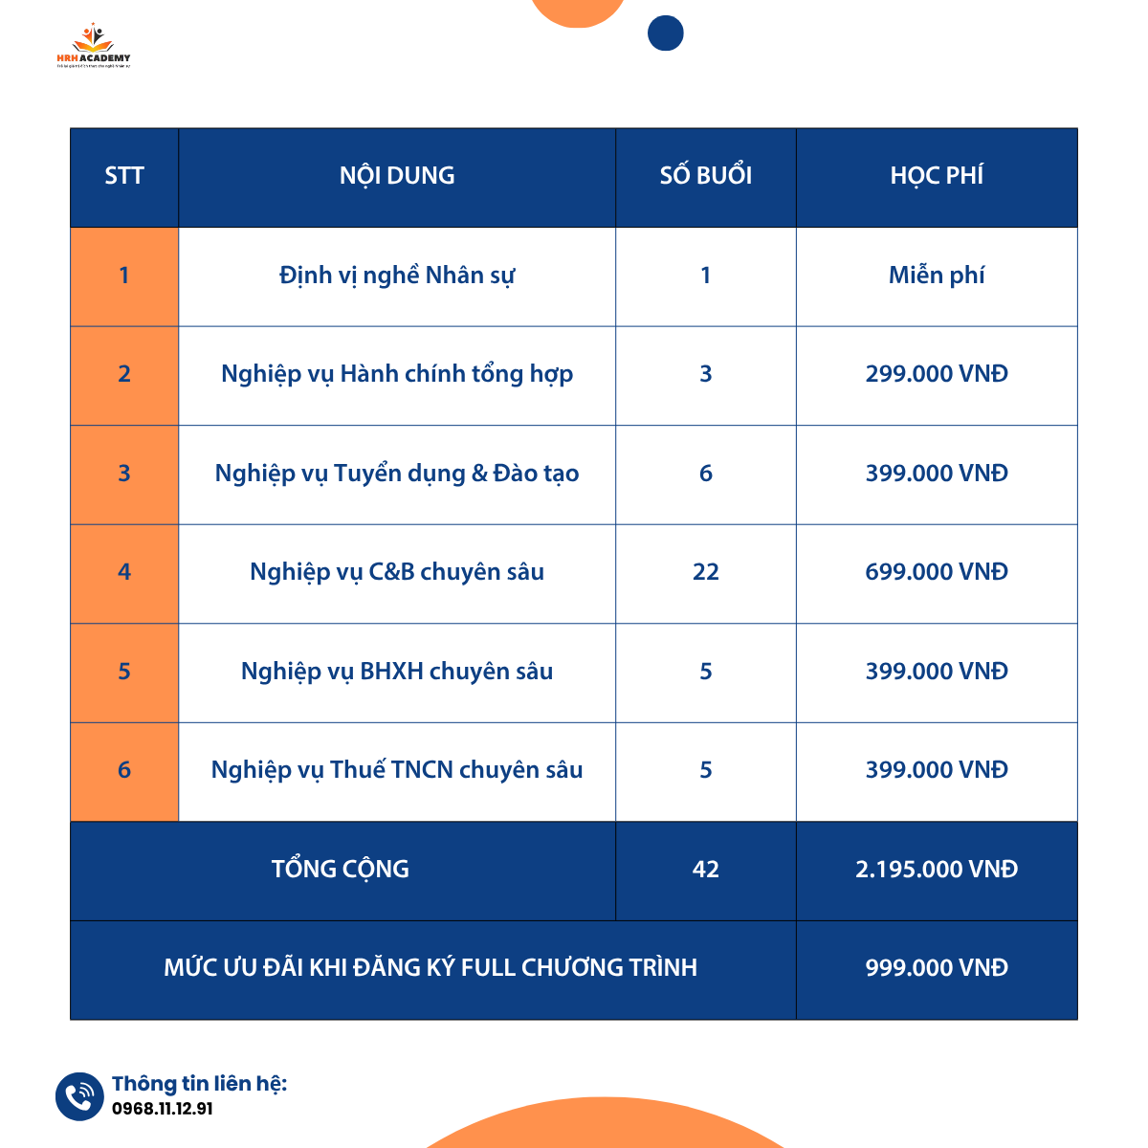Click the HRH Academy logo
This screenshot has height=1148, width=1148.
pyautogui.click(x=93, y=47)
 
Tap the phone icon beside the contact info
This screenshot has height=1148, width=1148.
pyautogui.click(x=78, y=1096)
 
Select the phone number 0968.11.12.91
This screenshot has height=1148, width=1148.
pyautogui.click(x=163, y=1109)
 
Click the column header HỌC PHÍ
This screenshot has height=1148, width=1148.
pyautogui.click(x=937, y=176)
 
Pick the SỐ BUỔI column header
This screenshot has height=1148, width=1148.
pyautogui.click(x=706, y=176)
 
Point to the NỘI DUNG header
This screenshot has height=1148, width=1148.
pyautogui.click(x=397, y=176)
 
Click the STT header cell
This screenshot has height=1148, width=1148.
pyautogui.click(x=124, y=176)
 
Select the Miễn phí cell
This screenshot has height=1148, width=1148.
pyautogui.click(x=937, y=276)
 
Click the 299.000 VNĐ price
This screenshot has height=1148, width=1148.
pyautogui.click(x=937, y=374)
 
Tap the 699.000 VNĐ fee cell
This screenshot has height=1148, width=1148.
pyautogui.click(x=937, y=572)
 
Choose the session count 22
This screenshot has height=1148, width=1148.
pyautogui.click(x=706, y=572)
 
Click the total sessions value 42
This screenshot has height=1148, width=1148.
pyautogui.click(x=706, y=870)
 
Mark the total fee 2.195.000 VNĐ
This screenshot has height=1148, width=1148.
pyautogui.click(x=937, y=870)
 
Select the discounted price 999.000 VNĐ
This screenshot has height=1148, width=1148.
pyautogui.click(x=937, y=968)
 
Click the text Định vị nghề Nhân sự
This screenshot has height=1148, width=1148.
pyautogui.click(x=397, y=276)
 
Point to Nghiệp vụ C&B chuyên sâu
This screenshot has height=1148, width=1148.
pyautogui.click(x=397, y=572)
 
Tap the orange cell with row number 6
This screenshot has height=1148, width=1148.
pyautogui.click(x=124, y=770)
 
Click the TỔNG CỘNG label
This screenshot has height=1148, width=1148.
pyautogui.click(x=341, y=870)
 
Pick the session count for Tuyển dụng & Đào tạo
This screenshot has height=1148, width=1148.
pyautogui.click(x=706, y=474)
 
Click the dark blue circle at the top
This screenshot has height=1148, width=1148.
pyautogui.click(x=666, y=33)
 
